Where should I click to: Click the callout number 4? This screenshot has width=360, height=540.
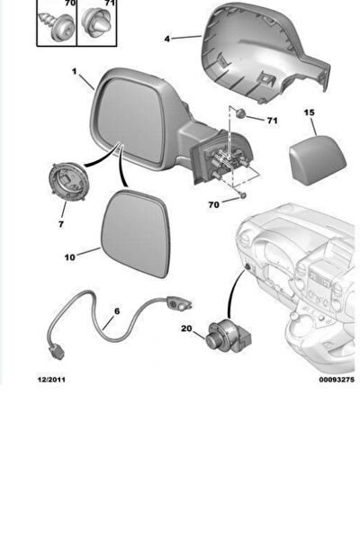point(167,39)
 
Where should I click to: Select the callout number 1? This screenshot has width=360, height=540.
point(75,71)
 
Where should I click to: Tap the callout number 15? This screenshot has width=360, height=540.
point(309,112)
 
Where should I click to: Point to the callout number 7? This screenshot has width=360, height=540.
point(61,224)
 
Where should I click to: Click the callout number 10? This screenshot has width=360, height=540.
point(69,257)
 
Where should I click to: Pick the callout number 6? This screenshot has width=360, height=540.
point(117,311)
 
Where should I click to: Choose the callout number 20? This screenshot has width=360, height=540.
point(186,328)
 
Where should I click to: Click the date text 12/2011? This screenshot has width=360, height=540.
point(51,380)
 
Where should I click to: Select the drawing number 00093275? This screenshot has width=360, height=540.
point(337,380)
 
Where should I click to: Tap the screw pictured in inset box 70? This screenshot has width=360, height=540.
point(57,25)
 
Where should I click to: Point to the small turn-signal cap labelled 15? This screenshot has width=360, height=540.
point(317,160)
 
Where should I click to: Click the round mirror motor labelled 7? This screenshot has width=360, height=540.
point(69,181)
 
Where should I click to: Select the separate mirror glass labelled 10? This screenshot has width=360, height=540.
point(136,233)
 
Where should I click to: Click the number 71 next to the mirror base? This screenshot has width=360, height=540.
point(272,121)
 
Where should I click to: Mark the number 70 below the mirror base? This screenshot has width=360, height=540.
point(213,204)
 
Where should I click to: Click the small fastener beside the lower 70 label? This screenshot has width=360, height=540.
point(243,195)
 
